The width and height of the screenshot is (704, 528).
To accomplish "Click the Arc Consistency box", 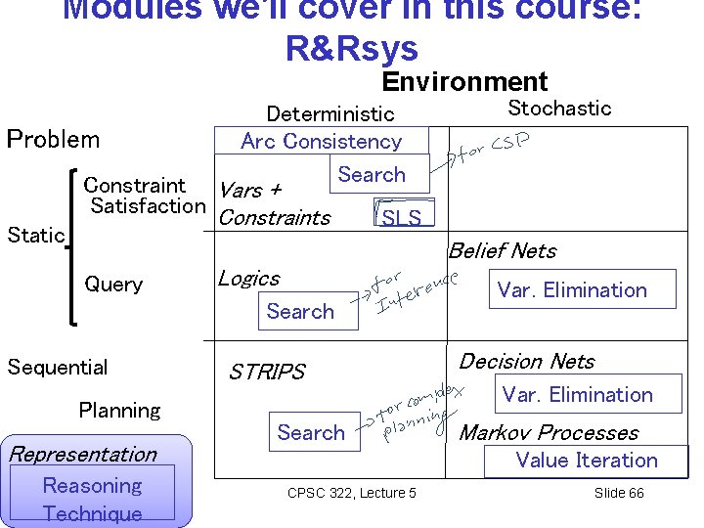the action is point(322,141).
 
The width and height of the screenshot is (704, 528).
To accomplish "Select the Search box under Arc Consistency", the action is point(372,175).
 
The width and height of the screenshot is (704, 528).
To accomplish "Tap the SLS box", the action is point(401,216).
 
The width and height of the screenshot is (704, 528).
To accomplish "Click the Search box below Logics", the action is point(300,311).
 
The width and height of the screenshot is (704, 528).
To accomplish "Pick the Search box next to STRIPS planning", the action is point(311,432).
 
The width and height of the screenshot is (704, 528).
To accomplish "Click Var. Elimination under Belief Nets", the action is point(572,289).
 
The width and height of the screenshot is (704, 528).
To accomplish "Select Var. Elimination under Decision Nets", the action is point(577,395).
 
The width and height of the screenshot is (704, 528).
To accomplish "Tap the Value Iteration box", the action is point(587,461).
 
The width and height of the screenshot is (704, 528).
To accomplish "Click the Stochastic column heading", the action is point(559,108).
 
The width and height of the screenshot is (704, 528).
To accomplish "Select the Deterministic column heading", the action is point(330,114).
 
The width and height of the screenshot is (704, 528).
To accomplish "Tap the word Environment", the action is point(464,82).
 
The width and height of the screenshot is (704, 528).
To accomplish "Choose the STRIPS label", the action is point(267,372).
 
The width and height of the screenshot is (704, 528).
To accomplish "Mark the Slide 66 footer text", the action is point(619,493).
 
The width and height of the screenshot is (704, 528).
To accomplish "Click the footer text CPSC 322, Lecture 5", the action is point(351,493).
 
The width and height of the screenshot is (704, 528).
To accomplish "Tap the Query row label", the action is point(113,285).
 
